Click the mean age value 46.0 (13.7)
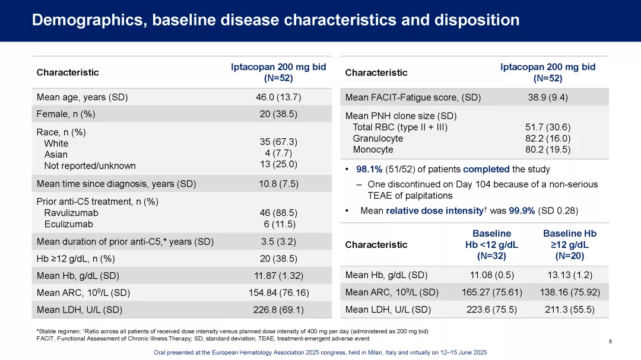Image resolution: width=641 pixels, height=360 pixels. (x=278, y=97)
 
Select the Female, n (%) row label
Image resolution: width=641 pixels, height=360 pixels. (x=66, y=114)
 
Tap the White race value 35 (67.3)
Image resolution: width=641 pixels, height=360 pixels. (x=278, y=142)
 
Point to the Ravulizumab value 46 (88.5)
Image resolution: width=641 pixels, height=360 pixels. (x=278, y=212)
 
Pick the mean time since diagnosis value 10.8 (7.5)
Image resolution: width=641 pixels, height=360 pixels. (x=278, y=184)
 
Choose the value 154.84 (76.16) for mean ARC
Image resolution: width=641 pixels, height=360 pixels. (x=278, y=292)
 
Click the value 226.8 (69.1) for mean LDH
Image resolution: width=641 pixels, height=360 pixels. (x=278, y=310)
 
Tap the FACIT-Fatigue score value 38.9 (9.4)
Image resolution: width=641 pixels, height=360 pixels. (x=547, y=97)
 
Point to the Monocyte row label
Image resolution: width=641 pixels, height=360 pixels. (x=373, y=149)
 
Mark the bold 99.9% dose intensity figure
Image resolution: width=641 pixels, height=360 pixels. (x=522, y=211)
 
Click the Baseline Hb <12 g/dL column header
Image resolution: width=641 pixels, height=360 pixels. (x=491, y=244)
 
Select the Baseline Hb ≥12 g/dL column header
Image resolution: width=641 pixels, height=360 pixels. (x=569, y=244)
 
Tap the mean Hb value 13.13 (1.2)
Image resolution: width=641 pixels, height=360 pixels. (x=569, y=275)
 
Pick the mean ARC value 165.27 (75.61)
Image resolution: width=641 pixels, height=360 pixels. (x=491, y=292)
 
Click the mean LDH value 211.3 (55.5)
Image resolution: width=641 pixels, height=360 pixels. (x=569, y=309)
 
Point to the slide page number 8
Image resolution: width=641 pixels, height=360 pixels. (x=611, y=342)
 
